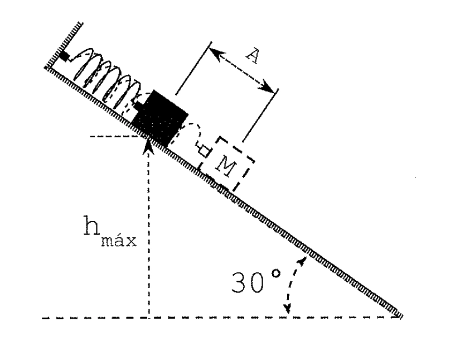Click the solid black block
coord(160,119)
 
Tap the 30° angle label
coord(256,282)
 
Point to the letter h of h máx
coord(91,225)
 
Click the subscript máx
coord(119,239)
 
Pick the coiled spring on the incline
coord(105,79)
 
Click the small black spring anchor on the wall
coord(65,56)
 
